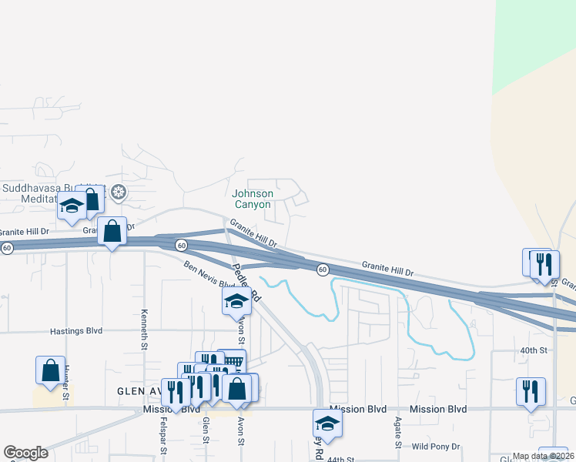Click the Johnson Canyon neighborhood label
point(252,199)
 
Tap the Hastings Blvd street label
point(76,330)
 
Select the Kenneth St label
point(144,330)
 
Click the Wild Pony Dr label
point(436,447)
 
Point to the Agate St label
point(398,434)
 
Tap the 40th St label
point(533,350)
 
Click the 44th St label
point(340,458)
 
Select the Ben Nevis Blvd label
point(209,275)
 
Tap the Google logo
point(25,453)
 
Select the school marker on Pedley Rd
point(236,300)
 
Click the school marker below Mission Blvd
point(327,422)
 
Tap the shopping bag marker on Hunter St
point(50,370)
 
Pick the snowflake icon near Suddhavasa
point(118,191)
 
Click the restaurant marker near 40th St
point(531,391)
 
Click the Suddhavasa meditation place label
point(39,193)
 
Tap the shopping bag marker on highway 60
point(112,230)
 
